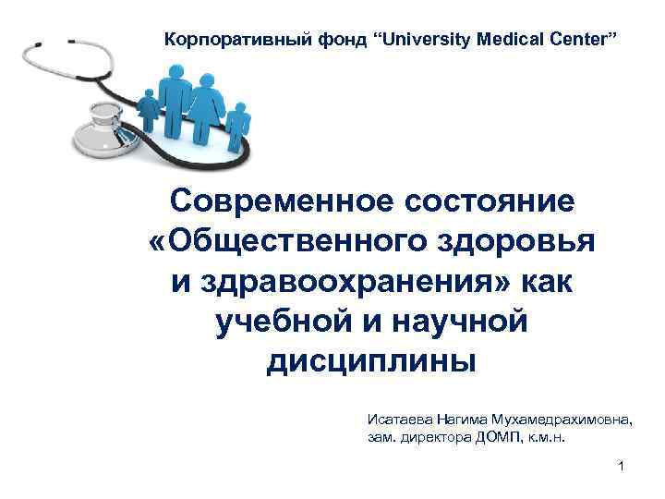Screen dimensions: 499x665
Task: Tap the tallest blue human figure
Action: pyautogui.click(x=175, y=92)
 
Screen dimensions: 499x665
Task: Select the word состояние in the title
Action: pyautogui.click(x=479, y=201)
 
